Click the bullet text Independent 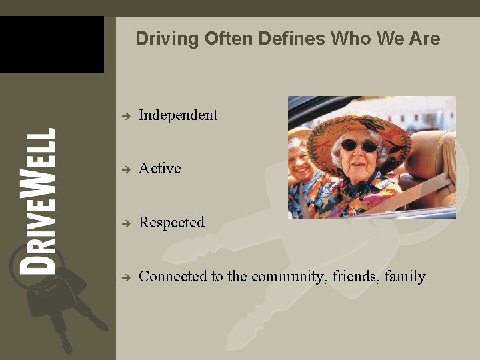(x=178, y=115)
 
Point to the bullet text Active (x=160, y=169)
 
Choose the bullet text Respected (x=171, y=223)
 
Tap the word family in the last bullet (x=405, y=277)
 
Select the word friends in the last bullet (x=357, y=277)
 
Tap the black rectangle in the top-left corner (x=51, y=44)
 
